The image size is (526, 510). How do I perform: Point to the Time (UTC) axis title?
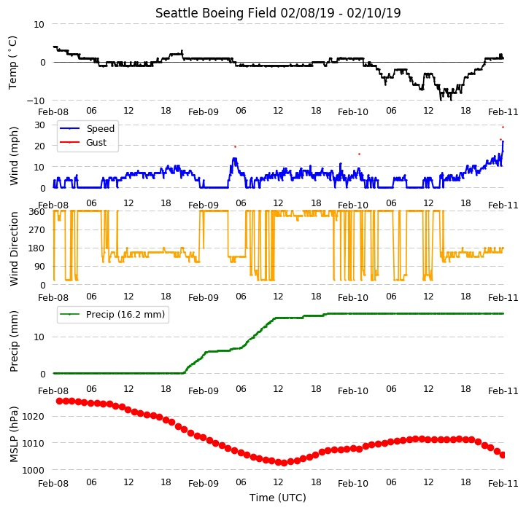click(x=278, y=498)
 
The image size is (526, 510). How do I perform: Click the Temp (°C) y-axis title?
click(x=12, y=63)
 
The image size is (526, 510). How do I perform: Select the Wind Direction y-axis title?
click(x=14, y=248)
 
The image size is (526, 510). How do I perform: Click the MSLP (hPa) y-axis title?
click(x=14, y=435)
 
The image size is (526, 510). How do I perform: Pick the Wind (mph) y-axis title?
click(x=14, y=156)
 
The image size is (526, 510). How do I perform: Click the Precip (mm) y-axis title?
click(x=14, y=342)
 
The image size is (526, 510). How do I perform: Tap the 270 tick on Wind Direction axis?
click(x=38, y=230)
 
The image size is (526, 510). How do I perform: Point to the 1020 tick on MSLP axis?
click(x=34, y=417)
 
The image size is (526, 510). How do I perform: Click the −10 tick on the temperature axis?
click(x=36, y=101)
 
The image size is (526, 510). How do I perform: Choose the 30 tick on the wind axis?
click(x=40, y=125)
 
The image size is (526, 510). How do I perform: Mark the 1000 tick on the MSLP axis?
click(x=34, y=470)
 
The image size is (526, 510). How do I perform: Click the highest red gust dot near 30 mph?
click(x=503, y=127)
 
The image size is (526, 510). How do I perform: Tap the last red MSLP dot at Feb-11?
click(x=503, y=455)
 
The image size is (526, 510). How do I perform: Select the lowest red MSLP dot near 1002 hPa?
click(x=284, y=463)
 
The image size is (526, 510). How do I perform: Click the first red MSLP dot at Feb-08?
click(x=59, y=401)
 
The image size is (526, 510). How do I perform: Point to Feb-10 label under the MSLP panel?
click(x=353, y=484)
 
